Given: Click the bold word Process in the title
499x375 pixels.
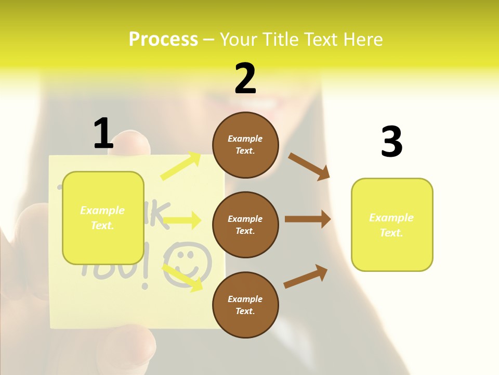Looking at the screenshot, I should pos(163,40).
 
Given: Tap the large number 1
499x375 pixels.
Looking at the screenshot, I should pos(103,133).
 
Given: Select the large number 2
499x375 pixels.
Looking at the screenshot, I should pos(245,79).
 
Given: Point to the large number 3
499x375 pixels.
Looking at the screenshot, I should pos(391,142).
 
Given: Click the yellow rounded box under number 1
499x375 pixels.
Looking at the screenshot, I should pos(103,218).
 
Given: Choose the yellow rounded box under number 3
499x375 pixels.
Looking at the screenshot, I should pos(392,224).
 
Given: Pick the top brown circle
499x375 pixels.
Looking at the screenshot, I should pos(245,145).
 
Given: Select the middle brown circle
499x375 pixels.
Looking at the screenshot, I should pos(245,224).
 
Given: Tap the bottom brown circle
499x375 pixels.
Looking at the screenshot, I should pos(245,305).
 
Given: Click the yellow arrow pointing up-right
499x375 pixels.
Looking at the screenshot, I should pos(181,166).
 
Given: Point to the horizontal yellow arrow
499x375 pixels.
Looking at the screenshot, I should pos(182,221).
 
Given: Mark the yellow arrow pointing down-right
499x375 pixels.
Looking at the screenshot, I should pos(182,278).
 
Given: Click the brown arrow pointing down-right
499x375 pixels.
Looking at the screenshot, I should pos(309,167).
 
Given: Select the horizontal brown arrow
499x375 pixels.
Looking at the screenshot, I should pos(308,219).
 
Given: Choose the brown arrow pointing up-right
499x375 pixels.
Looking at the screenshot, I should pos(306,277).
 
